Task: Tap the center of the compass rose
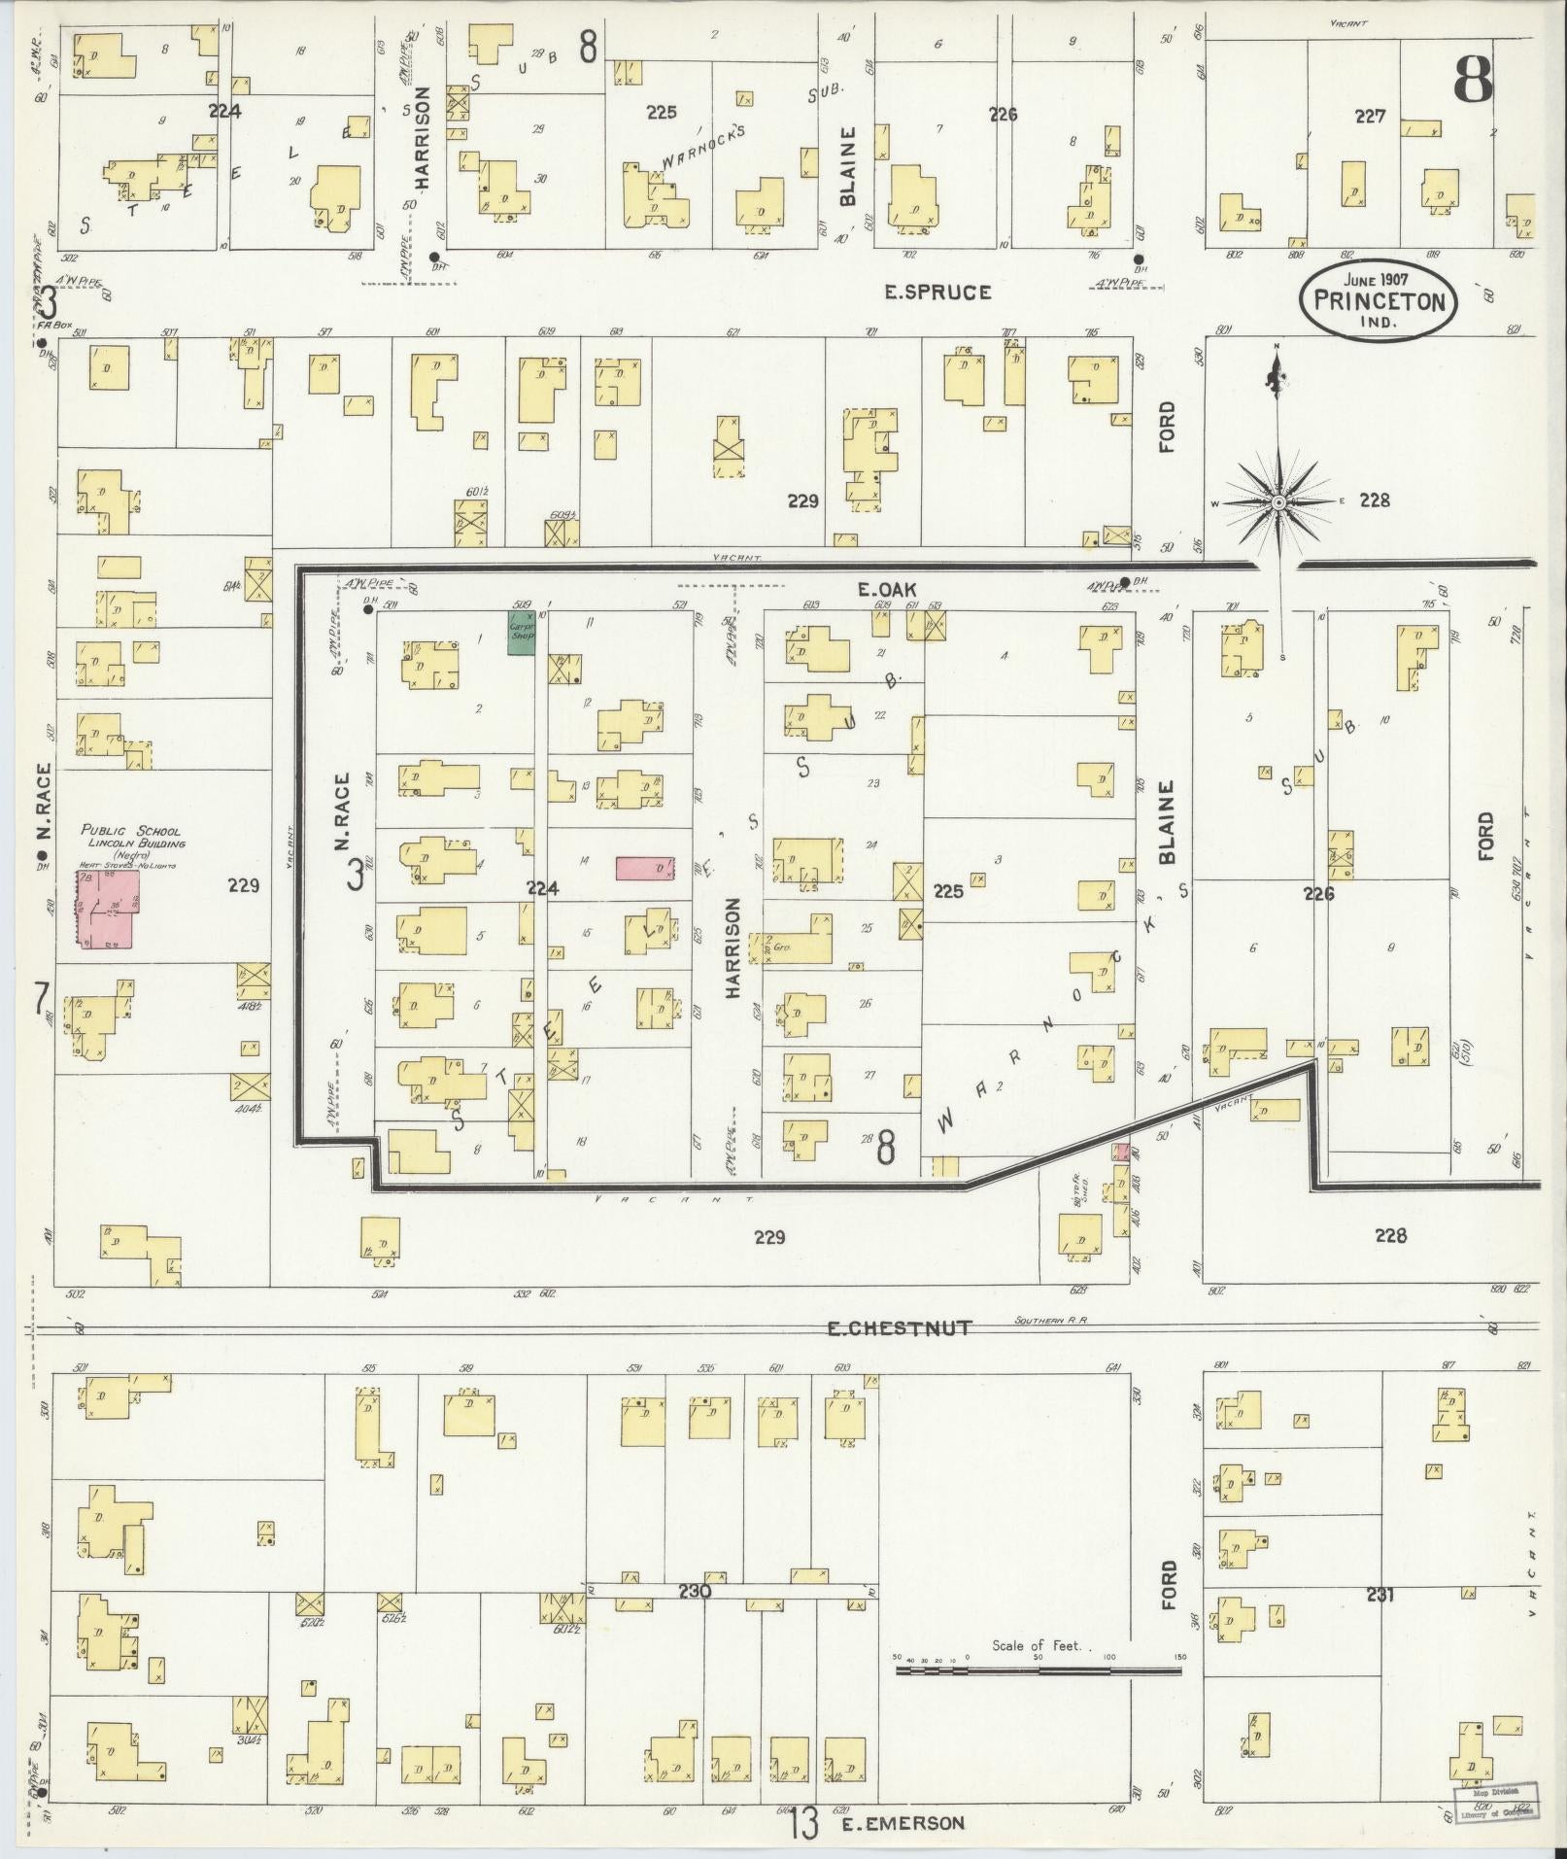1278,502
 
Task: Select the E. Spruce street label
937,292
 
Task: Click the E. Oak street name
888,588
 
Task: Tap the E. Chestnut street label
899,1327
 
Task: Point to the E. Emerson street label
903,1823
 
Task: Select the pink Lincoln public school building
108,909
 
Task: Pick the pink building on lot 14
645,868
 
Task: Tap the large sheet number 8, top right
1473,80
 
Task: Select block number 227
1370,116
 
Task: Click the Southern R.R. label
1047,1321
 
